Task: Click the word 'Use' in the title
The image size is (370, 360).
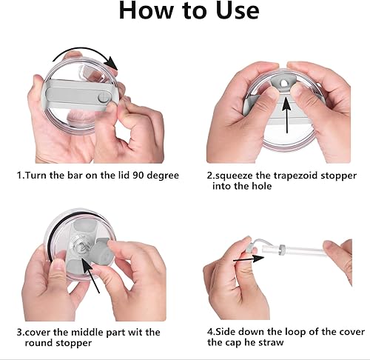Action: (233, 11)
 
